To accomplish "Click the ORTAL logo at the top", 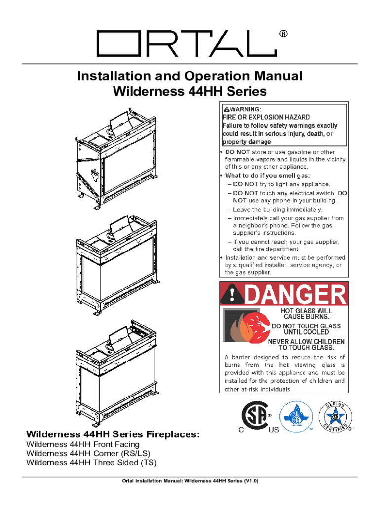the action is tap(187, 43).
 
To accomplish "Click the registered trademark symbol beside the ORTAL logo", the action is tap(283, 34).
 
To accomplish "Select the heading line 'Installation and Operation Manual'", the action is tap(190, 76).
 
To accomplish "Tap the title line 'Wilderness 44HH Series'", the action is tap(190, 91).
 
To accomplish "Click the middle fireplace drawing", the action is tap(117, 265).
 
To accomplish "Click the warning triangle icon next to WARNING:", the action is tap(227, 109).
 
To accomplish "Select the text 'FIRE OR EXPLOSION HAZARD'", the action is tap(266, 117).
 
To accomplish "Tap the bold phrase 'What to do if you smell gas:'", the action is tap(267, 176).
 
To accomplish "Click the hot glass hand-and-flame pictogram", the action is tap(247, 326).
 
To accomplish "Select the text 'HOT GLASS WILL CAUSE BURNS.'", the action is tap(306, 313).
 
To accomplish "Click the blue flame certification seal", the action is tap(296, 416).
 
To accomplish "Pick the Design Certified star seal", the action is tap(335, 416).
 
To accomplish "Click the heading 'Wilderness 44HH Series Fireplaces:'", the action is tap(113, 434).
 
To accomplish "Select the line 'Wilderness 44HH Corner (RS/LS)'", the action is tap(88, 454).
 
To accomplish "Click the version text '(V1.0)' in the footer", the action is tap(251, 481).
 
